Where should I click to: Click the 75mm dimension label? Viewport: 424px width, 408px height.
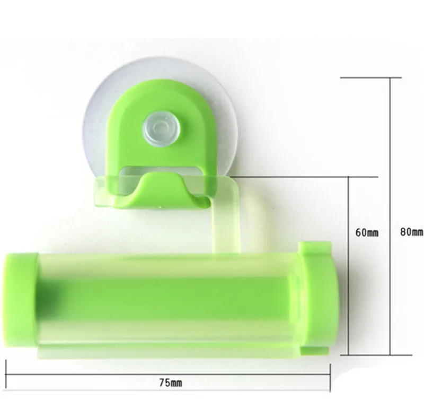point(171,383)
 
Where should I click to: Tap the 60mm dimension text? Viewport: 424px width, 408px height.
point(367,232)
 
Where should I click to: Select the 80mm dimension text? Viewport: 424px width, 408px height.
point(412,232)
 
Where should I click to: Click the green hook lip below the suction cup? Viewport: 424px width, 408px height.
point(161,191)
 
